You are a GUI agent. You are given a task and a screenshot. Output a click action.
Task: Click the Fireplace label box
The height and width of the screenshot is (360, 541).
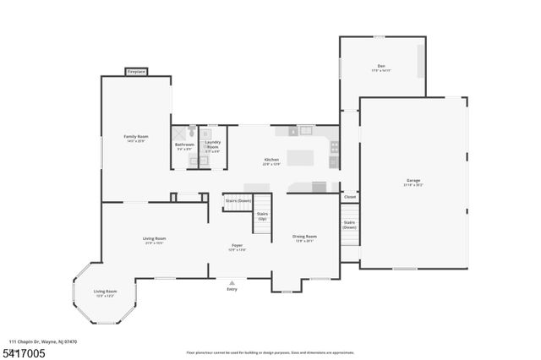tap(136, 73)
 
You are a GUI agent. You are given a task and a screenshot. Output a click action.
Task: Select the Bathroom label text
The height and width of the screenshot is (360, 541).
tap(184, 145)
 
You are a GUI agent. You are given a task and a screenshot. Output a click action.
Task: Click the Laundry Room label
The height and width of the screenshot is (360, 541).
tap(212, 145)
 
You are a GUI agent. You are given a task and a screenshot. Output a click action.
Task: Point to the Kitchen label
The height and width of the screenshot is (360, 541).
tap(271, 160)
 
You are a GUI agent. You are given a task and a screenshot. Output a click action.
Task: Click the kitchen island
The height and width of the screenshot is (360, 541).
tap(300, 158)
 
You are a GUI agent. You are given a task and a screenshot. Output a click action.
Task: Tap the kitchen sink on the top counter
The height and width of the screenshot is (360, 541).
tap(306, 131)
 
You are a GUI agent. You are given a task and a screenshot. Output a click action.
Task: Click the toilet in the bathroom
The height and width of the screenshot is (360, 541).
tap(193, 132)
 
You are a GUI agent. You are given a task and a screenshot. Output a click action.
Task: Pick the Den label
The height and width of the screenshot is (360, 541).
tap(381, 68)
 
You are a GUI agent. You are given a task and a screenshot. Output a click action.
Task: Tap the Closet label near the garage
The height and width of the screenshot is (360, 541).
tap(349, 197)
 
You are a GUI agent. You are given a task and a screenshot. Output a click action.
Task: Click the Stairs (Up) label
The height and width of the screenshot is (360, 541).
tap(263, 216)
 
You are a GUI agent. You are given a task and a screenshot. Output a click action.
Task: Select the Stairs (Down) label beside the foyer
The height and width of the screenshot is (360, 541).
tap(238, 200)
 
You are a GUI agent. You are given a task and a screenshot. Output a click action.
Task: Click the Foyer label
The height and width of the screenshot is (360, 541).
tap(238, 247)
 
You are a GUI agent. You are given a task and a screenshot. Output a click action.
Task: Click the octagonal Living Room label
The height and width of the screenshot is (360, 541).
tap(105, 292)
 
